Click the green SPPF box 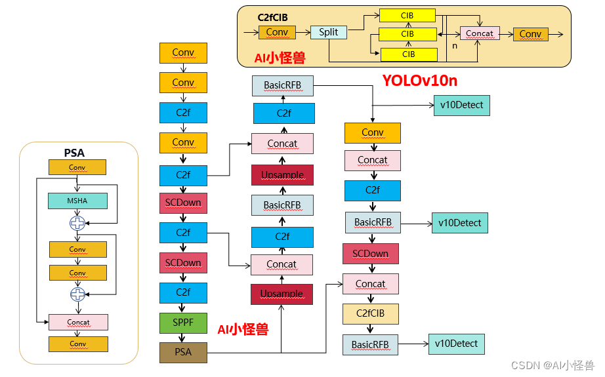[x=183, y=323]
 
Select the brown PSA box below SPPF [x=183, y=352]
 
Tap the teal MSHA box [x=77, y=201]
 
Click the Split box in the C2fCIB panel [x=328, y=32]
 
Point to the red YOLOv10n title [x=420, y=81]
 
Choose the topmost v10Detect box [x=462, y=105]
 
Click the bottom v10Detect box [x=456, y=344]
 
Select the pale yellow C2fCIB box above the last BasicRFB [x=371, y=313]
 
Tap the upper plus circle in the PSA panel [x=77, y=224]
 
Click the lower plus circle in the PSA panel [x=77, y=294]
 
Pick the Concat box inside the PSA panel [x=78, y=322]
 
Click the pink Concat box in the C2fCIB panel [x=480, y=33]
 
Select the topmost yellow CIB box [x=407, y=15]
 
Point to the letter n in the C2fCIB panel [x=455, y=47]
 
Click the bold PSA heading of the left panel [x=74, y=153]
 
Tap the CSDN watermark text [x=553, y=365]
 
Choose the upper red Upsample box [x=282, y=175]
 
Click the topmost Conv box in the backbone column [x=183, y=52]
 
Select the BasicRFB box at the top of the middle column [x=282, y=85]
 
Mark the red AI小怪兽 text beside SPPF [x=243, y=329]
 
